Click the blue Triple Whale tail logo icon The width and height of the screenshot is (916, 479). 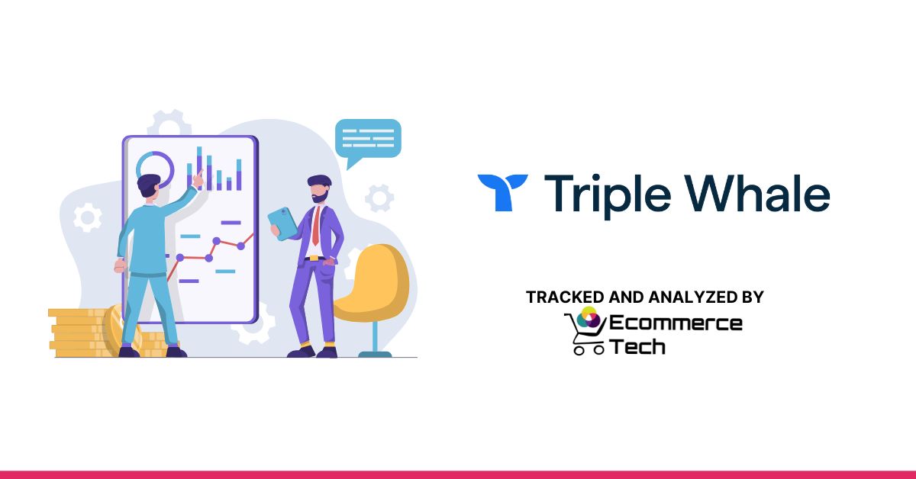point(502,191)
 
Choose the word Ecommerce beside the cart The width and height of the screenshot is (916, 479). point(676,323)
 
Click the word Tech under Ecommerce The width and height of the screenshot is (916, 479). point(637,346)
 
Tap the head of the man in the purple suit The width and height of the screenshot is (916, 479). point(319,191)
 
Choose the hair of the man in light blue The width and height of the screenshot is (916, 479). point(149,182)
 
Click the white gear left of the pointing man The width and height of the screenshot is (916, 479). point(87,218)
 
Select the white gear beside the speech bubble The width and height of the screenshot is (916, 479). point(379,198)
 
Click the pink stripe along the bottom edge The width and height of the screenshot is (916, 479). point(458,474)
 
